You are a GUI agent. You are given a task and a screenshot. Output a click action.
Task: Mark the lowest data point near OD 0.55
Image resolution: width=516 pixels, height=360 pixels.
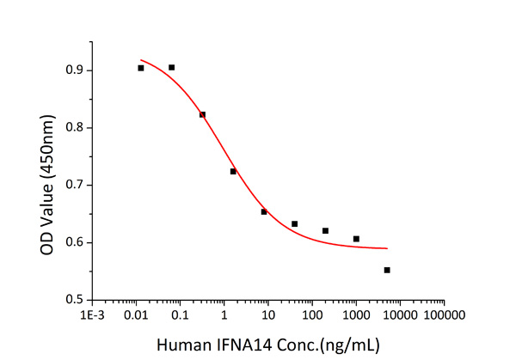click(x=387, y=270)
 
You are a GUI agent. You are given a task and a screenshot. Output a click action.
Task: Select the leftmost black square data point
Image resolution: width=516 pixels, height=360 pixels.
click(x=141, y=68)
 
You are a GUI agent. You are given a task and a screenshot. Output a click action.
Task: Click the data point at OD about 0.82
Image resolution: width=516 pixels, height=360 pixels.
click(x=203, y=114)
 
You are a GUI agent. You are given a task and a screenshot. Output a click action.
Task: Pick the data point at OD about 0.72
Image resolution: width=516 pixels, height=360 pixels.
click(x=233, y=171)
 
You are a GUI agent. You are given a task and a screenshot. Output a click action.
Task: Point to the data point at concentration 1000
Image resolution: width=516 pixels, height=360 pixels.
click(x=356, y=239)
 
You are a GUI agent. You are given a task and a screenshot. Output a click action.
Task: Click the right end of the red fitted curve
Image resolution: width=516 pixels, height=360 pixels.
click(x=388, y=248)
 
